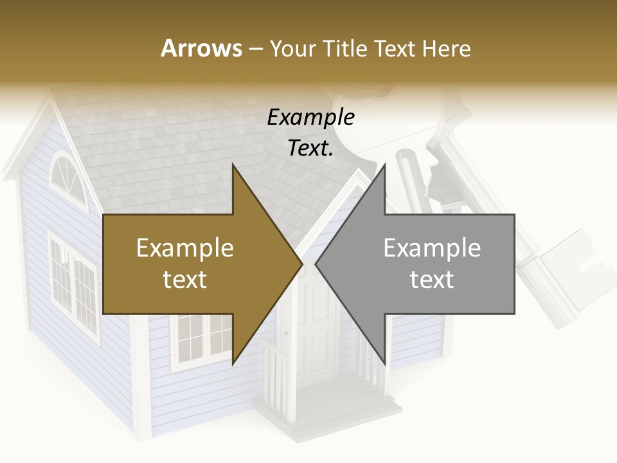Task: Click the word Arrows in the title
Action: [x=201, y=48]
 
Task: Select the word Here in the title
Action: [x=447, y=48]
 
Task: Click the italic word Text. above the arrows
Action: [x=310, y=148]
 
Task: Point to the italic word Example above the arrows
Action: [x=310, y=118]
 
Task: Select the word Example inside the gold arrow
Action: [x=185, y=248]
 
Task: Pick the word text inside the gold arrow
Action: [x=185, y=280]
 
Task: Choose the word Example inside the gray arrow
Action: [x=432, y=248]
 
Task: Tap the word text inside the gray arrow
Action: [x=432, y=280]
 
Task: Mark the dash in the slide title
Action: [x=255, y=49]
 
